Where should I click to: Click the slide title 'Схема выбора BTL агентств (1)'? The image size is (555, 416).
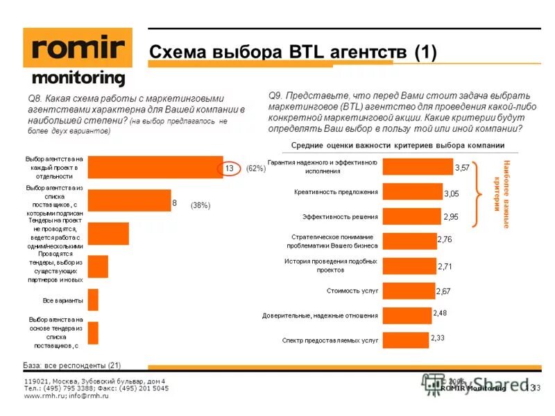pos(293,53)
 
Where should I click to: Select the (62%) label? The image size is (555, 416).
pos(255,168)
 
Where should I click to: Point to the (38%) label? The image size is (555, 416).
pos(200,205)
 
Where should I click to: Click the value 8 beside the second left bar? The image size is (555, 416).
pos(176,203)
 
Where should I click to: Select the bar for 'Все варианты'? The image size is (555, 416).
pos(94,300)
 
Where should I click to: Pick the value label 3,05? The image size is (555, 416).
pos(452,193)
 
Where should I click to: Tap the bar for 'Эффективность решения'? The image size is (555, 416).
pos(412,217)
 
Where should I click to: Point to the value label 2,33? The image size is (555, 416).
pos(438,338)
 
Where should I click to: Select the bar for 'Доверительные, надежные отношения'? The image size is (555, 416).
pos(407,315)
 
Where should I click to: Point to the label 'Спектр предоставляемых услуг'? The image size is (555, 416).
pos(330,340)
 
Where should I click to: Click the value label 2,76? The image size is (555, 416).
pos(445,239)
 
